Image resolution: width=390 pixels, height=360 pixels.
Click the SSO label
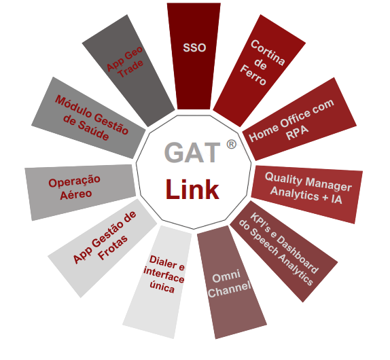pos(194,48)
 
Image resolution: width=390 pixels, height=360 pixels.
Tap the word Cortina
pos(268,53)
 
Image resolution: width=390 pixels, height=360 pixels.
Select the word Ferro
pos(253,75)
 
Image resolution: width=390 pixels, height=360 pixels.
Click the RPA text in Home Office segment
pos(297,132)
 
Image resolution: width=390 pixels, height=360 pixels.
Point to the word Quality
pos(283,178)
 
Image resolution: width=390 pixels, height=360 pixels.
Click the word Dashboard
pos(298,254)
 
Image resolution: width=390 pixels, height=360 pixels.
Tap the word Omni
pos(226,276)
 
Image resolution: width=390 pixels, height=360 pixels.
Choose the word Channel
pos(230,289)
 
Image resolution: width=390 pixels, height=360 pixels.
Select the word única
pos(162,287)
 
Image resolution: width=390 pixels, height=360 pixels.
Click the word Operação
pos(74,181)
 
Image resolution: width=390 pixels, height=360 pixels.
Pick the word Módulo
pos(73,107)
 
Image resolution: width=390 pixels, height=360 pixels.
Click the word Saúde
pos(93,132)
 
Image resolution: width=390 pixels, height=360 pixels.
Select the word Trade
pos(131,69)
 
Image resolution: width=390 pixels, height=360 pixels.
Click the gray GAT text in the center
pos(192,152)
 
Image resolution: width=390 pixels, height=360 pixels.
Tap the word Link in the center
pos(192,190)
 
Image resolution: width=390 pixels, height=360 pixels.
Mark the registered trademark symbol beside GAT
pos(231,144)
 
